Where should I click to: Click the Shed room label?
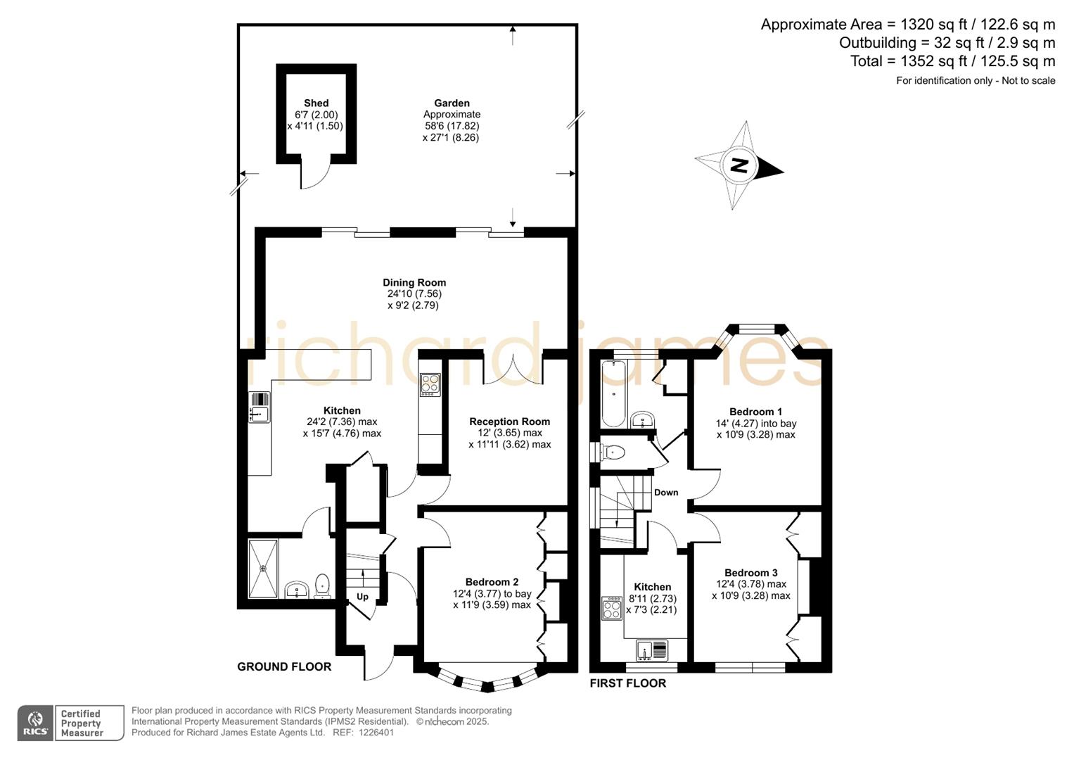(x=316, y=103)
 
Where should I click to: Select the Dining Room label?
(x=414, y=283)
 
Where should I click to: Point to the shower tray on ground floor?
(x=264, y=569)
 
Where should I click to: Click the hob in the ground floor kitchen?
(x=430, y=384)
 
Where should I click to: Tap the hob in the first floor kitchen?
(x=611, y=608)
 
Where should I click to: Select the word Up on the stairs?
(x=362, y=597)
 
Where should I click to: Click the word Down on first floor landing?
(x=666, y=493)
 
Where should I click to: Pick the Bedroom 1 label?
(x=755, y=412)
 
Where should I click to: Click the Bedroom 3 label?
(x=750, y=573)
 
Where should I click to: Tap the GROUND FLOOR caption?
(x=284, y=666)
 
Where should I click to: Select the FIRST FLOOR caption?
(x=627, y=683)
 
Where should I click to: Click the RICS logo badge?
(x=35, y=723)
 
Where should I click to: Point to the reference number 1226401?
(x=376, y=733)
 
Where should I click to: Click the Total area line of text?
(x=952, y=61)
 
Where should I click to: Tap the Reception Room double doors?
(x=513, y=371)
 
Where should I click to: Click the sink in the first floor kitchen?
(x=653, y=651)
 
